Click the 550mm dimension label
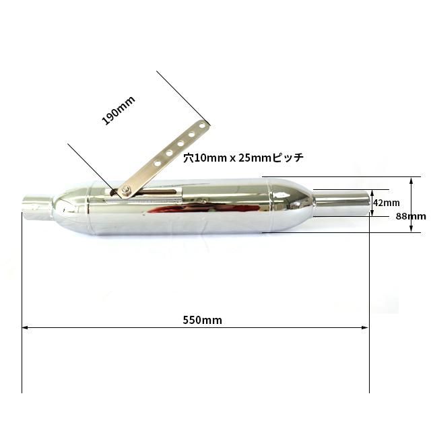click(x=202, y=320)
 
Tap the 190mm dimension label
click(x=119, y=110)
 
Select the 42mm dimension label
click(x=387, y=203)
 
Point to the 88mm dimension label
click(x=411, y=216)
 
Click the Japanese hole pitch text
click(x=244, y=158)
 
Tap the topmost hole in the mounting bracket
click(x=202, y=126)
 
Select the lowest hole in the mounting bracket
click(x=158, y=163)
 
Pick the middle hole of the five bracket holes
click(x=180, y=143)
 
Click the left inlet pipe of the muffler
click(x=37, y=207)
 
